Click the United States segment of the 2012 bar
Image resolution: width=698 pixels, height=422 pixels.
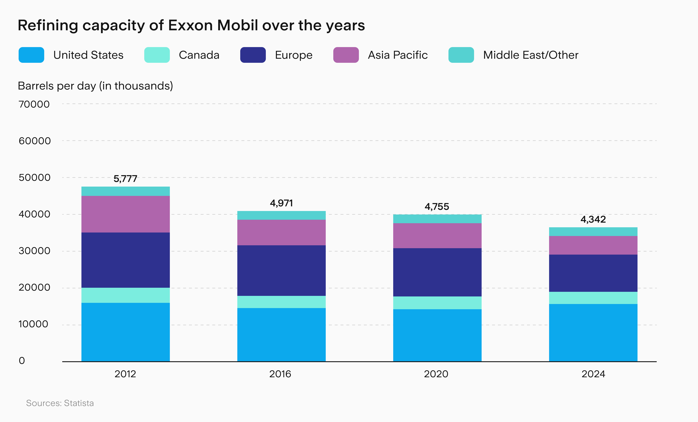pyautogui.click(x=125, y=332)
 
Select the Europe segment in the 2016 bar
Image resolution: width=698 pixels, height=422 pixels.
pyautogui.click(x=281, y=270)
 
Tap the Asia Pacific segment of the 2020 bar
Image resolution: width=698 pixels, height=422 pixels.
pyautogui.click(x=437, y=236)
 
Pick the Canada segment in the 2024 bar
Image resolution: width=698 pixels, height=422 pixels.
pyautogui.click(x=593, y=298)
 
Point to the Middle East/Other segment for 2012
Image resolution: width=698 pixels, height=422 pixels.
pyautogui.click(x=125, y=191)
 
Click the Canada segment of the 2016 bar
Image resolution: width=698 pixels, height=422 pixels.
pyautogui.click(x=281, y=302)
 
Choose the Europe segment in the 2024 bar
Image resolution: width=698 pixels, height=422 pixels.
pyautogui.click(x=593, y=273)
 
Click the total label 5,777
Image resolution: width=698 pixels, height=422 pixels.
pyautogui.click(x=125, y=179)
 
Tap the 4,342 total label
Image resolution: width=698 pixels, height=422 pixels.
pyautogui.click(x=593, y=219)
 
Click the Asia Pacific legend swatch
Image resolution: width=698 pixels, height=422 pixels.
pyautogui.click(x=346, y=55)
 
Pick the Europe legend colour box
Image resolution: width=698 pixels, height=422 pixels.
pyautogui.click(x=253, y=55)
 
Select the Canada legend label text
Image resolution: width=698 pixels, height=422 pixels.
pyautogui.click(x=199, y=55)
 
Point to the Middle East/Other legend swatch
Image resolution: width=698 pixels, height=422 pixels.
pyautogui.click(x=461, y=55)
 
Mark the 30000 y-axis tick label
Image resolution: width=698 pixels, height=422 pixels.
pyautogui.click(x=34, y=251)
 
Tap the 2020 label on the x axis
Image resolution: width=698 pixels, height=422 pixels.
pyautogui.click(x=436, y=374)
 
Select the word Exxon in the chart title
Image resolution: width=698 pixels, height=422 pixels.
pyautogui.click(x=190, y=25)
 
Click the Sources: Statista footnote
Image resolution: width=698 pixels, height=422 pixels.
pyautogui.click(x=60, y=403)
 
